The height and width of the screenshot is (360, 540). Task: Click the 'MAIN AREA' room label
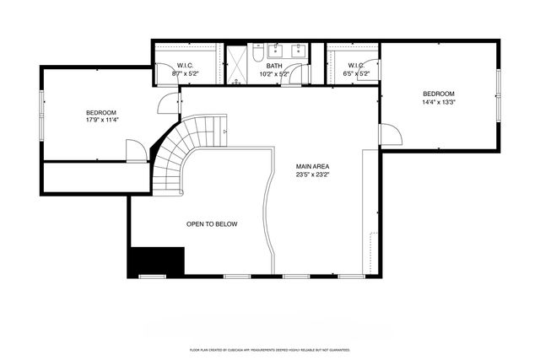[312, 166]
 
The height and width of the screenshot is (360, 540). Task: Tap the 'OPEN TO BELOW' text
[212, 224]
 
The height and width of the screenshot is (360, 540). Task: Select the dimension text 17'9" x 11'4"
[101, 120]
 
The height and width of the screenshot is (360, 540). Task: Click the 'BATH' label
[273, 65]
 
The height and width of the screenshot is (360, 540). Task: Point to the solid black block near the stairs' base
[156, 261]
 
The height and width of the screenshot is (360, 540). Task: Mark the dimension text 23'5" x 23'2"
[312, 175]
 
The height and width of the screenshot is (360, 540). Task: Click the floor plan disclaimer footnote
[270, 348]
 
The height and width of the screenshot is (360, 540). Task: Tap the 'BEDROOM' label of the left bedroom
[101, 112]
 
